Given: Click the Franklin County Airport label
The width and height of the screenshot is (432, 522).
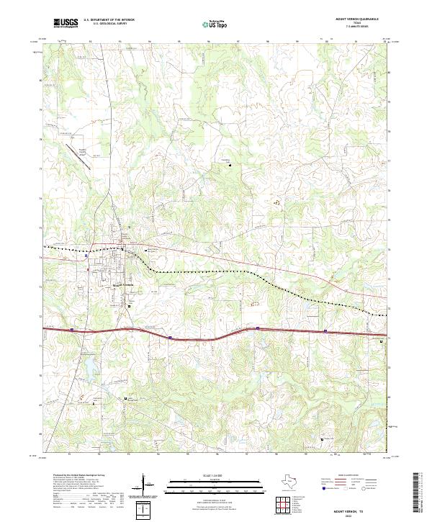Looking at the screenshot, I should [86, 151].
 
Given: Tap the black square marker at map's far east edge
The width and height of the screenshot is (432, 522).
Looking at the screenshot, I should [381, 342].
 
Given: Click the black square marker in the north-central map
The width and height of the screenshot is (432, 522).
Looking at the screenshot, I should [230, 165].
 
